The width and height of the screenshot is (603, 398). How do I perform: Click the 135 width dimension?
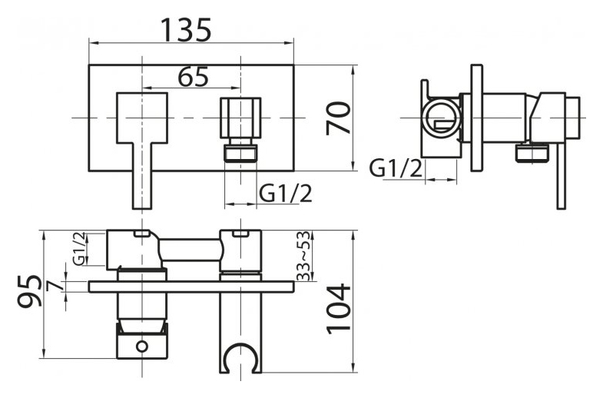(x=186, y=30)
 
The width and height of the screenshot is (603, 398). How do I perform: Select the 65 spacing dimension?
(x=193, y=77)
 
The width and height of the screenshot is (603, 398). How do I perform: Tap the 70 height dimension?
(x=339, y=118)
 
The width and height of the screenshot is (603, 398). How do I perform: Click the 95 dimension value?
(x=29, y=290)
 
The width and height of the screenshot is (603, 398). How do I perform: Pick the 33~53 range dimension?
(x=303, y=255)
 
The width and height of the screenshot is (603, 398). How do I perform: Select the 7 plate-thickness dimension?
(x=55, y=286)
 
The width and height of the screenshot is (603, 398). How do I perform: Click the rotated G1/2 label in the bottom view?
(x=79, y=248)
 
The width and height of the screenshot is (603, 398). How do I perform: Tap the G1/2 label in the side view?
(x=396, y=168)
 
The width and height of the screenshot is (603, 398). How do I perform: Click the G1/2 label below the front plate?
(x=285, y=194)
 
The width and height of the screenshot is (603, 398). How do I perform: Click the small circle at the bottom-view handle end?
(x=142, y=346)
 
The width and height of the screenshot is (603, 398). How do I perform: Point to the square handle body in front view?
(x=142, y=118)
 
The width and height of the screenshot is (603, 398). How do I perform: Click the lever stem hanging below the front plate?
(x=142, y=176)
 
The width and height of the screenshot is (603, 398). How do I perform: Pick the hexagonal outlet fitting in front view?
(x=240, y=118)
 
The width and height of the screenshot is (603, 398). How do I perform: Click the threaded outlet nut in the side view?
(x=532, y=152)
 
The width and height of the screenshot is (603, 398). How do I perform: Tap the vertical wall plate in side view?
(x=476, y=118)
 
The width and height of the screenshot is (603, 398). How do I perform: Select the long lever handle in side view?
(x=561, y=176)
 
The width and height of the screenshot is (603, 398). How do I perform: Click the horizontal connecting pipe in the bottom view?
(x=191, y=250)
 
